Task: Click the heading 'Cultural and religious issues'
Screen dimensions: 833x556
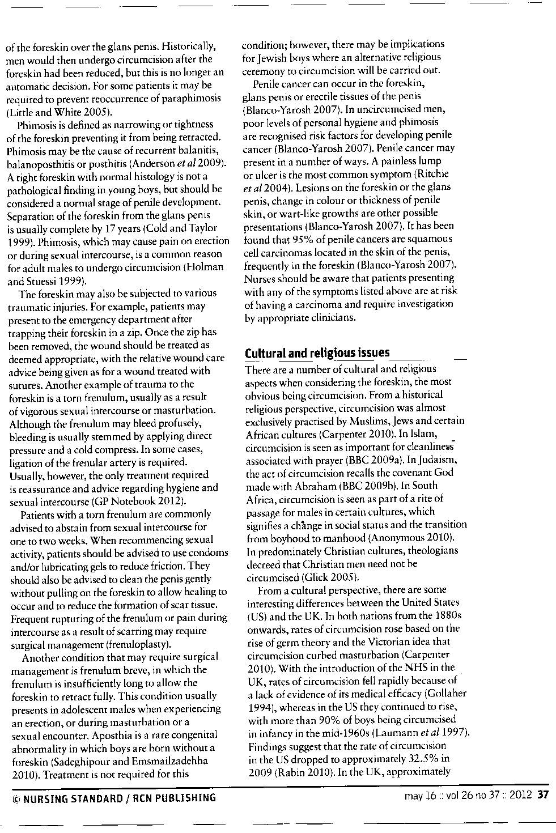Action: pos(317,353)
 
